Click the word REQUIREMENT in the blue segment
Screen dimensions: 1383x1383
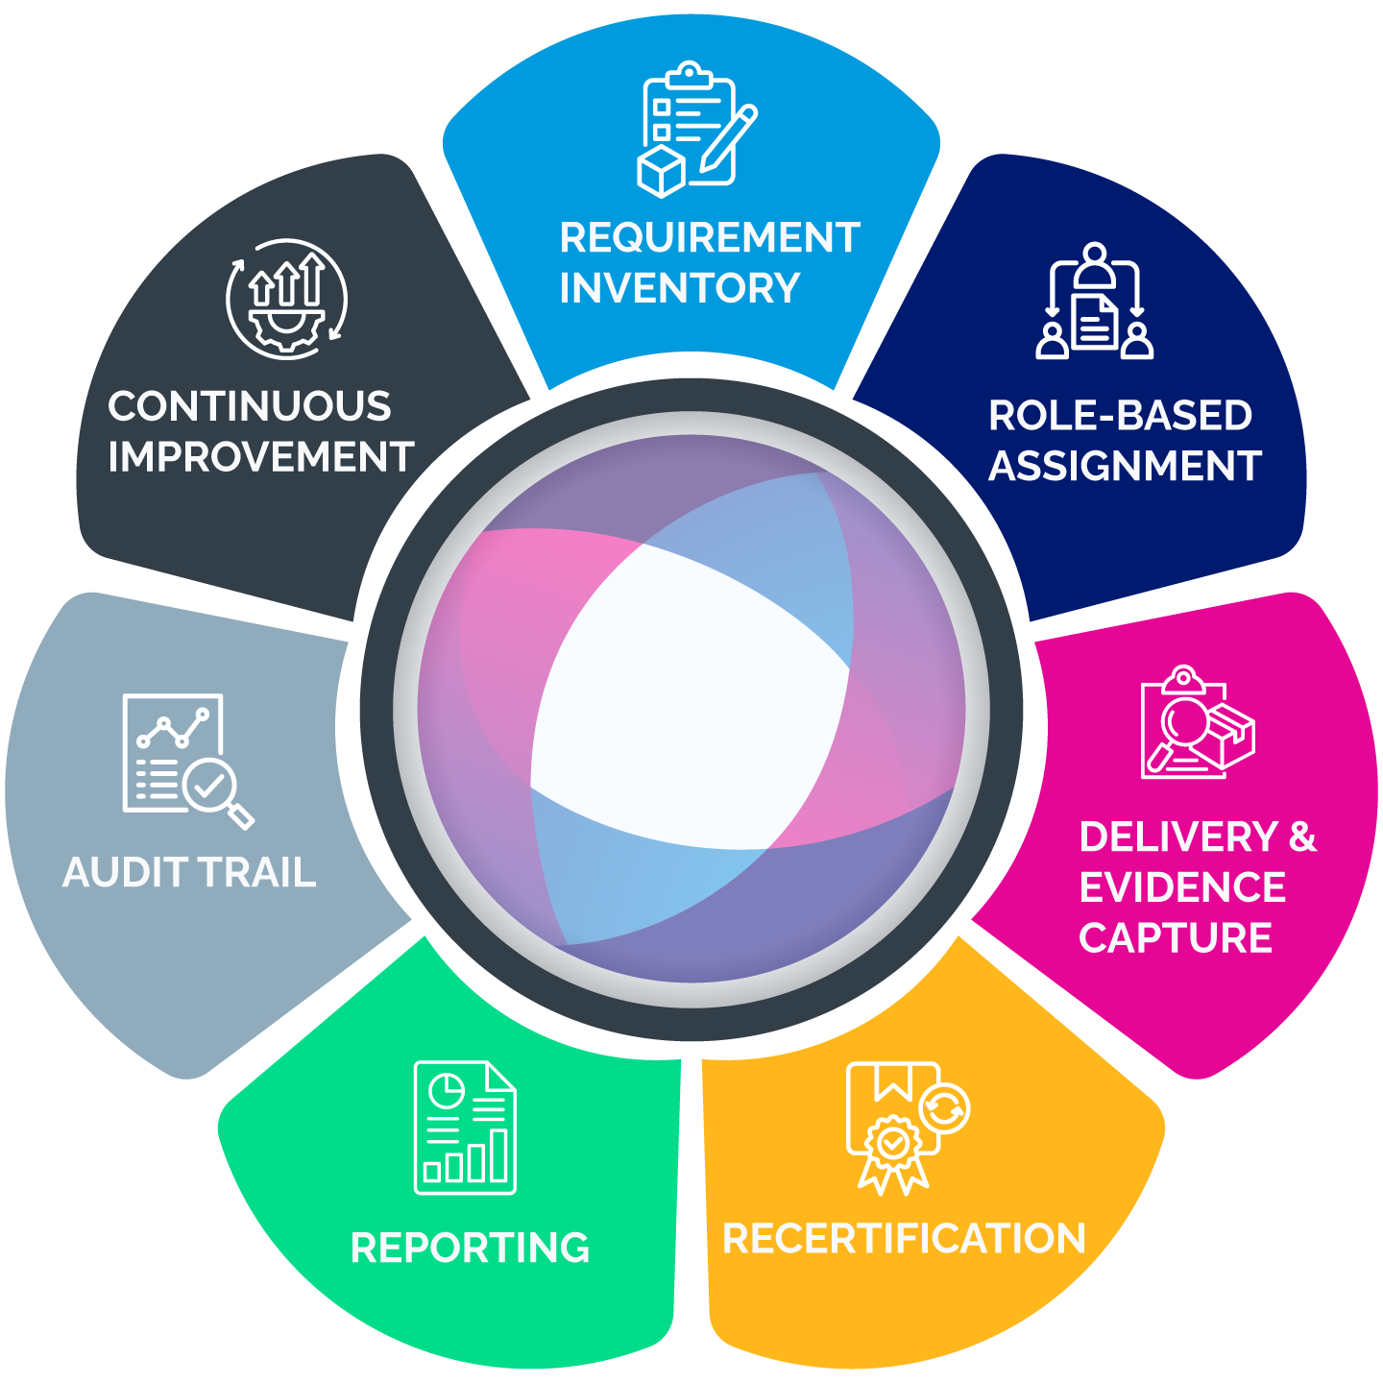(709, 238)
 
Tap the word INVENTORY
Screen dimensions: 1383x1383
(679, 288)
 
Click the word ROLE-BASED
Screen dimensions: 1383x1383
(1120, 416)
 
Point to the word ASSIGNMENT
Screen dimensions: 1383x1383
(1125, 467)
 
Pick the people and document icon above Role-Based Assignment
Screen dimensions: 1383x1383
(1094, 302)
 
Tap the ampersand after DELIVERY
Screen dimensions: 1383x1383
(1302, 837)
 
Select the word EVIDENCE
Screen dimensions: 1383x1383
(1182, 887)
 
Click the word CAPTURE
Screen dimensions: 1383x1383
(1176, 938)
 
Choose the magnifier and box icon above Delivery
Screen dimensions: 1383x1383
(1197, 722)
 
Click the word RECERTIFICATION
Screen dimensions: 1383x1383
(904, 1239)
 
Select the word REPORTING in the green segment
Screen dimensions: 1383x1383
(470, 1249)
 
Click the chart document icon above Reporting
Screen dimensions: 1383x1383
(465, 1128)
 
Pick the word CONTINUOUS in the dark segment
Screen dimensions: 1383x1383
(250, 407)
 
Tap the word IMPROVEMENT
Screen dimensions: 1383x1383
(260, 458)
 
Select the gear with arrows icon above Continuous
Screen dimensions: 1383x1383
(286, 299)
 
